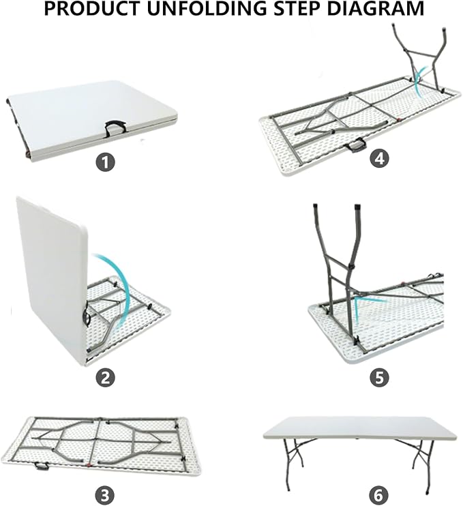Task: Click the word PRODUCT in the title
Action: tap(92, 9)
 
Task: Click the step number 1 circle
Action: tap(105, 162)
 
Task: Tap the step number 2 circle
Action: tap(105, 377)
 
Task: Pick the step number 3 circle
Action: tap(105, 494)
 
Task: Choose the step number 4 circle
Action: tap(379, 158)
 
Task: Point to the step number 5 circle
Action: tap(379, 377)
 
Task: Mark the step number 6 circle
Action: tap(379, 494)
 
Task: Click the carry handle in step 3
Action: tap(42, 466)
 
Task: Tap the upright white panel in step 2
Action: tap(52, 278)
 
